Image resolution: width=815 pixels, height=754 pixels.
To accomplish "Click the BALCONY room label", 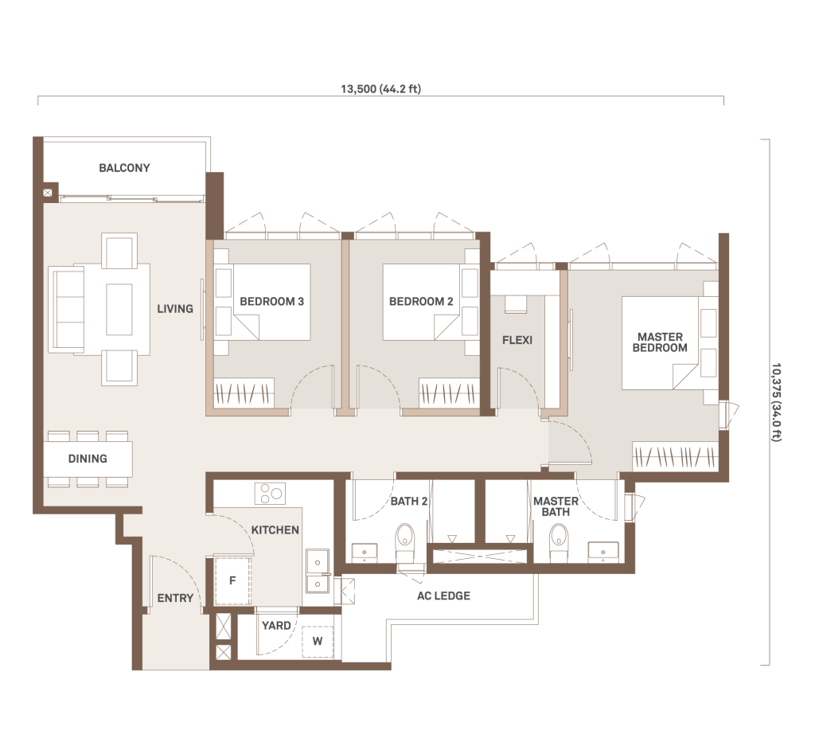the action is tap(124, 168).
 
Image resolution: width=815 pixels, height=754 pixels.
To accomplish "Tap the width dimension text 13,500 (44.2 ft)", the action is tap(381, 89).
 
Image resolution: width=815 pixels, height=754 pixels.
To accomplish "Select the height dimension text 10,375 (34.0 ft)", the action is tap(777, 403).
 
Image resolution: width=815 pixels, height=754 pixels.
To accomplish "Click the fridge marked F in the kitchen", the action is tap(233, 580).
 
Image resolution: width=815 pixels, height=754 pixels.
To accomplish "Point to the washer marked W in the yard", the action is tap(318, 641).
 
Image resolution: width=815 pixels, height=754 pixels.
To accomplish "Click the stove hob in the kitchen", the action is tap(270, 494).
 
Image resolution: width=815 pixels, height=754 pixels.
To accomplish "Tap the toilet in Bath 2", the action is tap(405, 542).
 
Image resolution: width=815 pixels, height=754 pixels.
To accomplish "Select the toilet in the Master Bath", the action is tap(559, 542).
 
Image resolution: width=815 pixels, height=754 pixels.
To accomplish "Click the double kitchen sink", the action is tap(317, 571).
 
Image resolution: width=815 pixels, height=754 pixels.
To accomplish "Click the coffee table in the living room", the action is tap(119, 309).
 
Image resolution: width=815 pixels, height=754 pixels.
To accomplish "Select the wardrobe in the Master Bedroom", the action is tap(675, 456).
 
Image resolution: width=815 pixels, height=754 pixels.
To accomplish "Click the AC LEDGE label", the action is tap(443, 596).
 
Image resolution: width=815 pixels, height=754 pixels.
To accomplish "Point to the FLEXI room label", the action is tap(517, 340).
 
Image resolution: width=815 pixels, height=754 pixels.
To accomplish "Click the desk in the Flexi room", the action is tap(516, 304).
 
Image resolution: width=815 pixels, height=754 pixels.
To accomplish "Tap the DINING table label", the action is tap(88, 459).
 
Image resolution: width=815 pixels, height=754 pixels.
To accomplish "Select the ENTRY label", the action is tap(175, 598).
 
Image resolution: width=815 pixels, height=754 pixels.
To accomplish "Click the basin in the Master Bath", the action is tap(603, 552).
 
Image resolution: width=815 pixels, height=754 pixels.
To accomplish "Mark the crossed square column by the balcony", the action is tap(48, 193).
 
